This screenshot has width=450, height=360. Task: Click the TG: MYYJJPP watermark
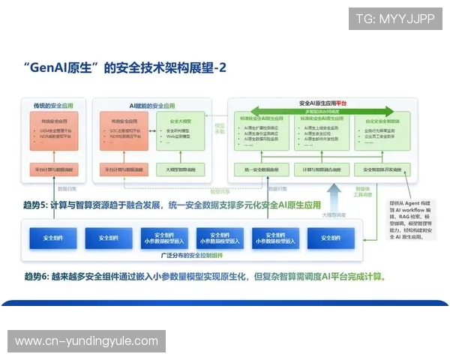(x=394, y=19)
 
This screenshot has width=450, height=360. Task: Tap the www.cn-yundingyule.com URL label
(x=87, y=341)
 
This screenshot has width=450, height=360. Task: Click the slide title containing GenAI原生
(x=124, y=68)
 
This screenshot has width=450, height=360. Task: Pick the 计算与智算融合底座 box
(x=320, y=170)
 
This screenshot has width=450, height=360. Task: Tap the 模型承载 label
(x=220, y=128)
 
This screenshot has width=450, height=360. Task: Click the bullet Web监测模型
(x=180, y=138)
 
